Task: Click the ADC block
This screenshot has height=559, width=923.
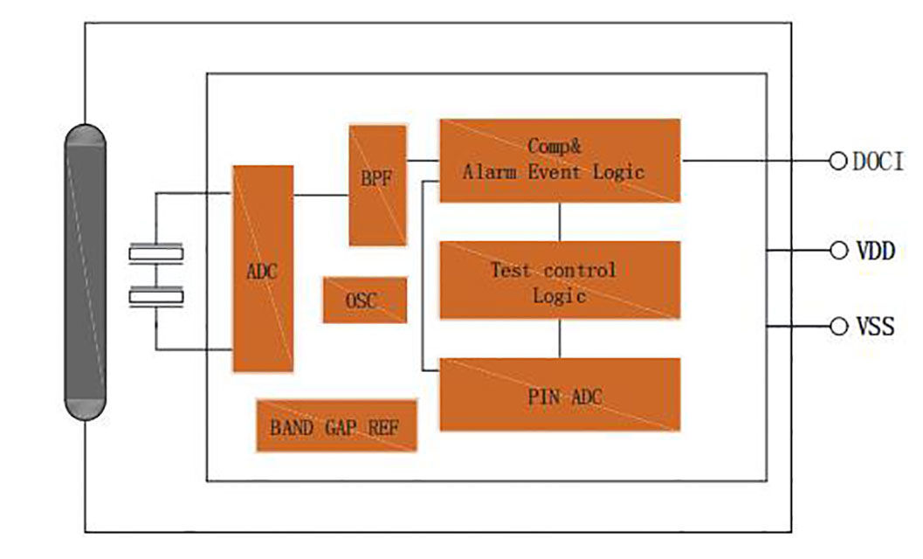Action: coord(262,269)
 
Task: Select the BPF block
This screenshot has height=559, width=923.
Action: coord(377,185)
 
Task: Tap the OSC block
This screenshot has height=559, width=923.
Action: coord(364,300)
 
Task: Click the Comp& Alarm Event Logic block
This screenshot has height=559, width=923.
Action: coord(559,161)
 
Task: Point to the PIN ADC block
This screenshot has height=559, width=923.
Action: coord(559,394)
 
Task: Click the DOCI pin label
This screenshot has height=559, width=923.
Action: coord(878,162)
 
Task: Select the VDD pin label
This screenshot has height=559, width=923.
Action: coord(874,252)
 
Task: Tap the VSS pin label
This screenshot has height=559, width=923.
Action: coord(874,327)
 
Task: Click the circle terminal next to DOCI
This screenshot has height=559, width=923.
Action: coord(838,161)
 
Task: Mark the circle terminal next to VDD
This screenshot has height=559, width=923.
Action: coord(838,252)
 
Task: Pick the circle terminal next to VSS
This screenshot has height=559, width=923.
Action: coord(838,327)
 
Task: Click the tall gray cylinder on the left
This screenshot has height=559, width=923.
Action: coord(85,272)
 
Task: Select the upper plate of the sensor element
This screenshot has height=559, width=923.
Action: coord(156,254)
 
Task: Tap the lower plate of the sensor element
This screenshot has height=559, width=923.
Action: coord(156,299)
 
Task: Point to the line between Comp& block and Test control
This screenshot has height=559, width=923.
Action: coord(560,222)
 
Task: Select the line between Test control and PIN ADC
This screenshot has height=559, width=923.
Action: coord(560,338)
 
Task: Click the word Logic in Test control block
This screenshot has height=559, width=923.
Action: coord(559,295)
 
